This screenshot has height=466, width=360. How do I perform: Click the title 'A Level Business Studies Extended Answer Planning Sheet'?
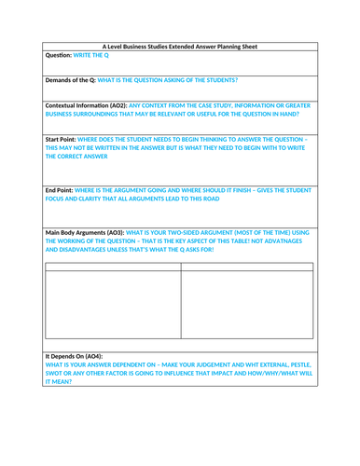180,46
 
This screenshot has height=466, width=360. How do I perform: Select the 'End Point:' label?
64,190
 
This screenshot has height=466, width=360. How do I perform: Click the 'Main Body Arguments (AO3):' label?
97,230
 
